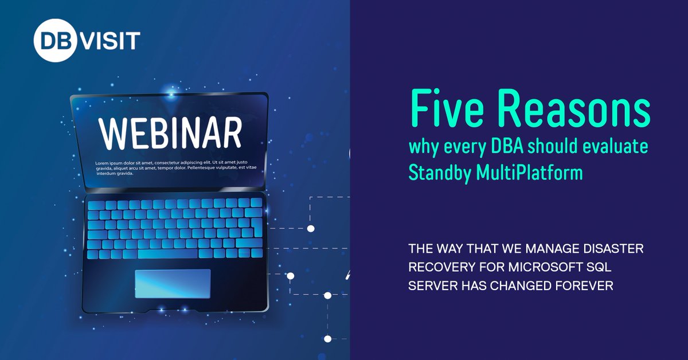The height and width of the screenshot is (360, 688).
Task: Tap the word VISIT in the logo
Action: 108,41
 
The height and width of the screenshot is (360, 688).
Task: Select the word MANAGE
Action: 539,250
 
